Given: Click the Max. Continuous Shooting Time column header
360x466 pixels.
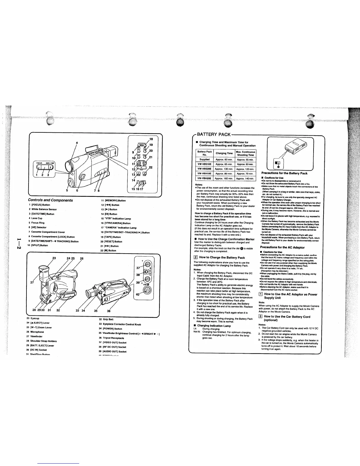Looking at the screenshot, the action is (x=246, y=153).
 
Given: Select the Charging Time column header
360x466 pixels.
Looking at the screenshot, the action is (x=224, y=153).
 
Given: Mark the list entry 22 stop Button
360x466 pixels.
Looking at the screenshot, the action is (x=109, y=250).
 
